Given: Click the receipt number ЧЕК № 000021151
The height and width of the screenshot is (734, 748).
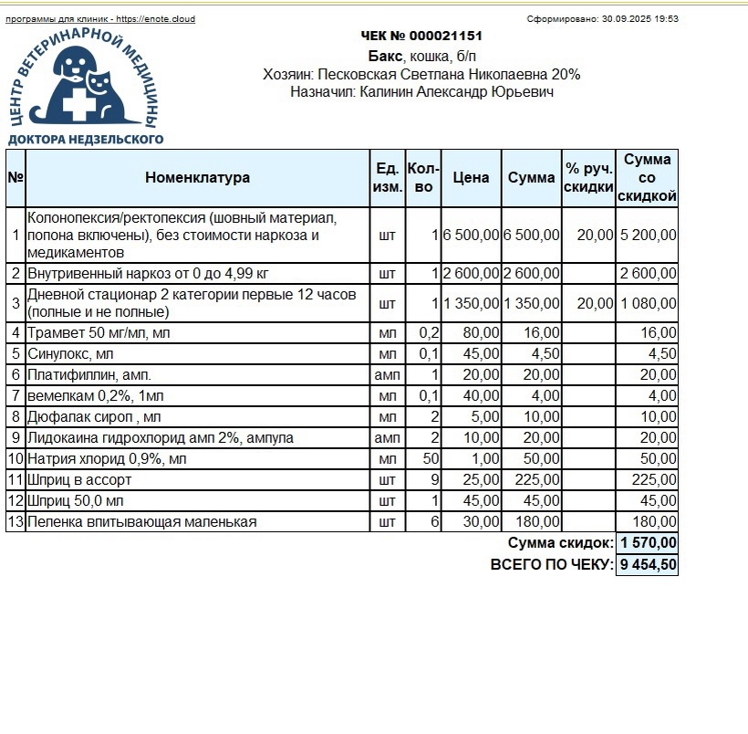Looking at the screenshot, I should pos(421,36).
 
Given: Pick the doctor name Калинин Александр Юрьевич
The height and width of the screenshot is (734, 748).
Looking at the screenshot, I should pos(457,91).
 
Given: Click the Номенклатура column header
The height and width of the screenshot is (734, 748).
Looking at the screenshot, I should pos(197,178).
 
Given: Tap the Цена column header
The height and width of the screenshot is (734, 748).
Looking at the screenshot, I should pos(471,178).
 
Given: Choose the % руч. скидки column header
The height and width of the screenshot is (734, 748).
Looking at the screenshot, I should pos(588,178).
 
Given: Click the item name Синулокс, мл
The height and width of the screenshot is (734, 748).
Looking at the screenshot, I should pos(71,353).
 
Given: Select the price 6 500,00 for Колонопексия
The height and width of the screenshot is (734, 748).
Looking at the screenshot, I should pos(471,235).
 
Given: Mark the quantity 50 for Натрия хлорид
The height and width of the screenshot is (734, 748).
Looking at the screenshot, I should pos(430,458).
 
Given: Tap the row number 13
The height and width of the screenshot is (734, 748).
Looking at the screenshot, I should pos(15,522).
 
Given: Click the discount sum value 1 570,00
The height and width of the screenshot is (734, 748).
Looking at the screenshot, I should pos(648,543).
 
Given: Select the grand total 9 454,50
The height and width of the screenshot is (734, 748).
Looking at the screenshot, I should pos(648,565).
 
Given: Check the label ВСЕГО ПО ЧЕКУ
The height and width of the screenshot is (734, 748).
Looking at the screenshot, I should pos(551,565).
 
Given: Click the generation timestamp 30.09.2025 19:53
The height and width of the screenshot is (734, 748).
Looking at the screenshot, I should pos(640,19).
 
